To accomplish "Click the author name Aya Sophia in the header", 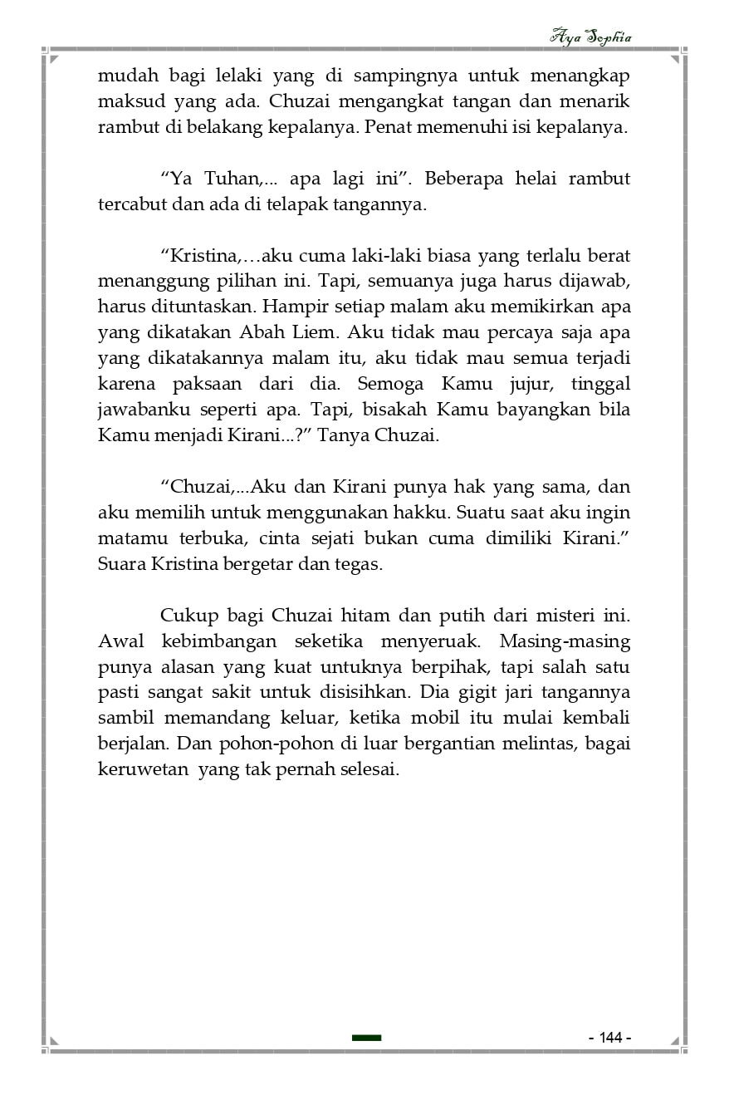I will (x=590, y=37).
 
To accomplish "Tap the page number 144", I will (x=610, y=1038).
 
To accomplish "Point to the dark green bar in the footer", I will (x=366, y=1038).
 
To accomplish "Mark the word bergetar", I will (x=261, y=564).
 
